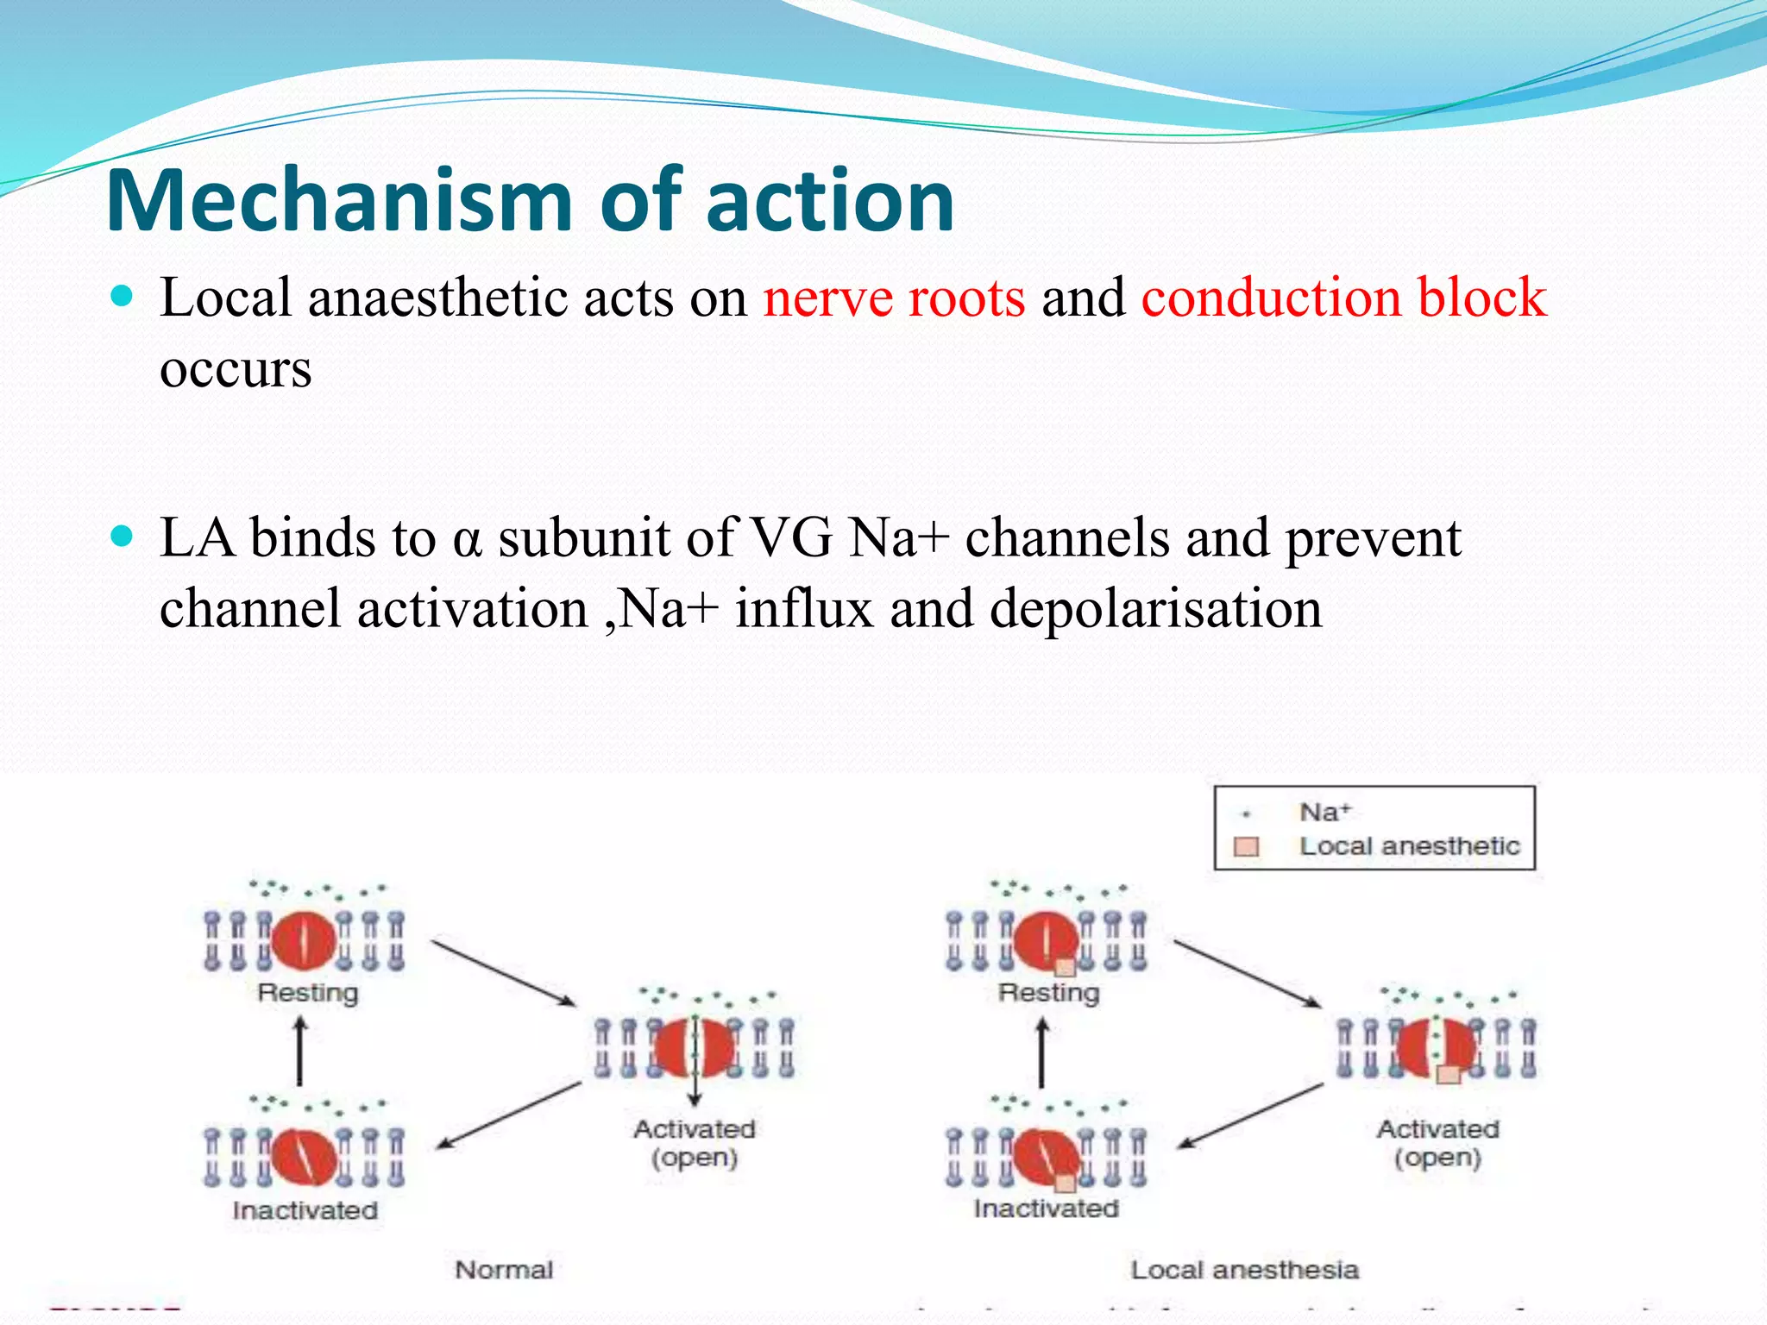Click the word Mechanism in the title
(339, 200)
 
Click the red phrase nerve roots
(894, 298)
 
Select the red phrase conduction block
(1343, 298)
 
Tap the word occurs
(236, 368)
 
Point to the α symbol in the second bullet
(466, 540)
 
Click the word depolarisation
(1155, 609)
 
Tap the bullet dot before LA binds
(123, 537)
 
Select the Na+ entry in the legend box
(1324, 812)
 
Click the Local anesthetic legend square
(1246, 847)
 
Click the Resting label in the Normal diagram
(307, 993)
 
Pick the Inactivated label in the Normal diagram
(305, 1210)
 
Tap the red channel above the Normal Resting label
(304, 940)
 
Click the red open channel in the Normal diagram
(695, 1047)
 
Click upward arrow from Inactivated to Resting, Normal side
(299, 1051)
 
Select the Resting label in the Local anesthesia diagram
(1048, 993)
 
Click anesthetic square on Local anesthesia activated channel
(1449, 1074)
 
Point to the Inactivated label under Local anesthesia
(1046, 1209)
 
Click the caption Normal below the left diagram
(504, 1270)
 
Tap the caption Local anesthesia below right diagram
(1244, 1270)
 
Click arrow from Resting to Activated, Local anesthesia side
(1247, 973)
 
